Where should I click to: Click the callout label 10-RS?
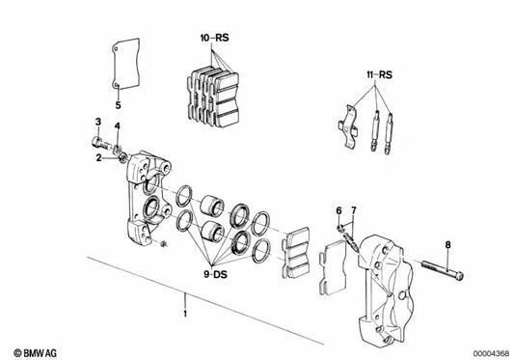[214, 38]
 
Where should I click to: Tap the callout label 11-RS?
[379, 75]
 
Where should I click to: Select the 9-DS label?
[215, 274]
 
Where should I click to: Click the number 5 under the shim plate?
[118, 105]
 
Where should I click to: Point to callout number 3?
[98, 122]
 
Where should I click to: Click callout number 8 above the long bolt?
[447, 245]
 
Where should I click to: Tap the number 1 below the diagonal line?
[185, 314]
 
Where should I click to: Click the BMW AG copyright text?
[35, 353]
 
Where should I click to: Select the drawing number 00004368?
[491, 354]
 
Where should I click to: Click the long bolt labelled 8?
[443, 270]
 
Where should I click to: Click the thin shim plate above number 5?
[125, 64]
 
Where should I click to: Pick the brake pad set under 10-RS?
[213, 97]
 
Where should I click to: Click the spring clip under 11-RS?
[349, 127]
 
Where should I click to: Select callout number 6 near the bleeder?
[338, 210]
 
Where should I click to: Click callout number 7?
[353, 210]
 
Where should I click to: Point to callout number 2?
[98, 158]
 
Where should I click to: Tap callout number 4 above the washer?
[117, 126]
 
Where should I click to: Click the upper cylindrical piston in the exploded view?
[212, 207]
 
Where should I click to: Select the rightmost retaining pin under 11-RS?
[389, 133]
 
